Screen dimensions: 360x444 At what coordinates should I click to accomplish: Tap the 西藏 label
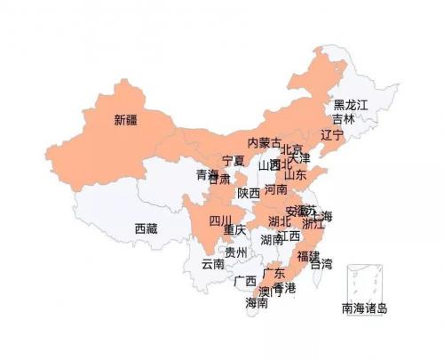coord(147,228)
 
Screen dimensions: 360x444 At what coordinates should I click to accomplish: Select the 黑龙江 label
coord(350,105)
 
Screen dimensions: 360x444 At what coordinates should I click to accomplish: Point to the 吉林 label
coord(343,118)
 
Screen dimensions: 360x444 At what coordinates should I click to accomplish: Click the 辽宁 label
coord(331,135)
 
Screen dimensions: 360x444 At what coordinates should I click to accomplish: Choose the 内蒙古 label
coord(264,142)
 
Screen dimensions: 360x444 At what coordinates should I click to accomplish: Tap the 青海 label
coord(207,174)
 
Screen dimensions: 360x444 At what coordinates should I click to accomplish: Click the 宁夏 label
coord(234,161)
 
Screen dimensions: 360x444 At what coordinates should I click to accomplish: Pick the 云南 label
coord(213,263)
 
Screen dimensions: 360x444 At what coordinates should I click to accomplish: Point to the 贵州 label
coord(236,252)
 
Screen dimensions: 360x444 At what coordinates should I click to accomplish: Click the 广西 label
coord(245,282)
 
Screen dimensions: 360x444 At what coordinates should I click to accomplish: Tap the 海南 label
coord(257,303)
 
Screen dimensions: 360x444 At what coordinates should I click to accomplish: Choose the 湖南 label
coord(272,240)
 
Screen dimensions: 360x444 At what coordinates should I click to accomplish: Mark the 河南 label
coord(276,189)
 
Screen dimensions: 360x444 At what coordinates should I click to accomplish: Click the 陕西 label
coord(249,193)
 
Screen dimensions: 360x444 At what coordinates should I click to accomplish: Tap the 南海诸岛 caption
coord(365,309)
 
